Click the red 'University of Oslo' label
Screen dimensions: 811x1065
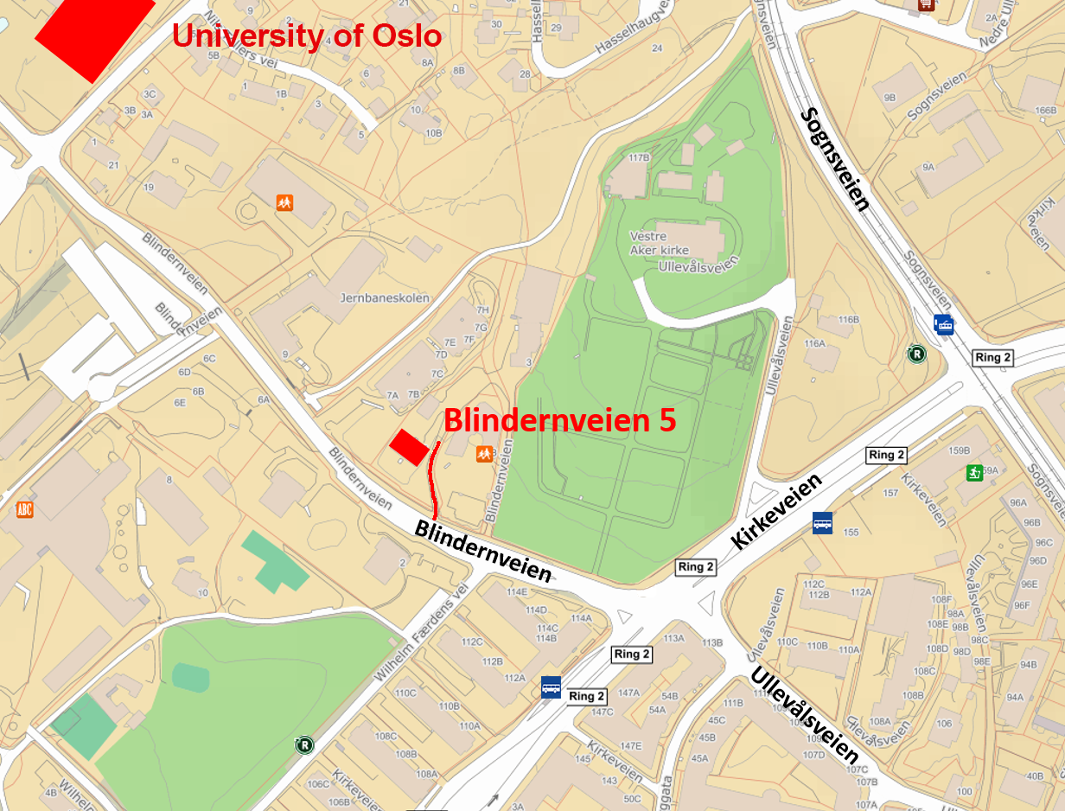307,36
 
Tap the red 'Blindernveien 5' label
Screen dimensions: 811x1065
559,420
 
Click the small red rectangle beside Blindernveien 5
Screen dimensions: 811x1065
409,448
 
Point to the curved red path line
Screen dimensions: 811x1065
432,481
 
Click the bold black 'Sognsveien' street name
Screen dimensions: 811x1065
834,159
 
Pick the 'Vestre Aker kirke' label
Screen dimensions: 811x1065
660,243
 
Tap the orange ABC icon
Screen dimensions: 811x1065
25,509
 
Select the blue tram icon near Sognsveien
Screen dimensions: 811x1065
944,324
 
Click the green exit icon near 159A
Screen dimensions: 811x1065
974,473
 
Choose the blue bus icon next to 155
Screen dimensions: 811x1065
822,523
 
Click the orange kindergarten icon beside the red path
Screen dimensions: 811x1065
484,453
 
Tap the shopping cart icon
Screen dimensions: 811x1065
927,4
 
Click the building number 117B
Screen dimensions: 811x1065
639,158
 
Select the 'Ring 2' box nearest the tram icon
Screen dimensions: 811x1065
992,358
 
